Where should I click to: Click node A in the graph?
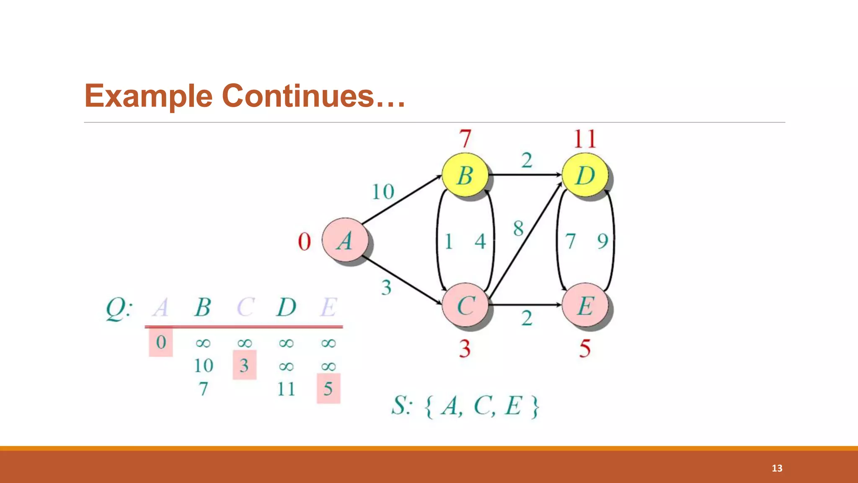pos(345,241)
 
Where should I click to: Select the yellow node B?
pos(465,175)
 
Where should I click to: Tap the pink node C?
pos(465,305)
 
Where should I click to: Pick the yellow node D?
pos(585,175)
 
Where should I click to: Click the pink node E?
pos(585,305)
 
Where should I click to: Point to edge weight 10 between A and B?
pos(383,192)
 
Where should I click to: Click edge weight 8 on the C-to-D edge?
pos(518,229)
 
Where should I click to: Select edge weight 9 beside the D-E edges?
pos(602,241)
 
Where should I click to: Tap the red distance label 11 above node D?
pos(585,139)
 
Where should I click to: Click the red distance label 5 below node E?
pos(585,348)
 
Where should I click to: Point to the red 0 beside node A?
pos(305,242)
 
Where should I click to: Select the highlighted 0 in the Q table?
pos(161,342)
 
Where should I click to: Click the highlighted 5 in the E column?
pos(328,389)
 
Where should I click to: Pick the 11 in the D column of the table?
pos(286,389)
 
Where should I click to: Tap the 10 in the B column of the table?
pos(204,366)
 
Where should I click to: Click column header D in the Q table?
pos(287,307)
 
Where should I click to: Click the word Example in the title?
pos(149,96)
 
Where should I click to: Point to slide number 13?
pos(777,468)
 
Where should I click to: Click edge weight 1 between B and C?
pos(448,241)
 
